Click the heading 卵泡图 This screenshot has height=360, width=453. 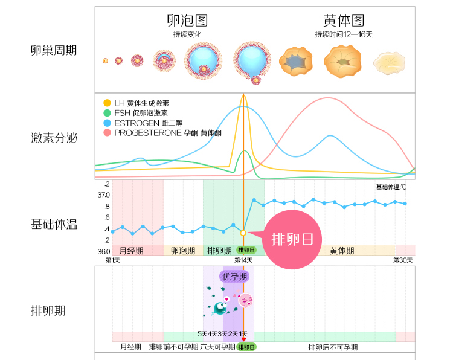point(187,21)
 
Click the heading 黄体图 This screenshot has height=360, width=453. point(344,21)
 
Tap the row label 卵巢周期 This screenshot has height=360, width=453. point(54,50)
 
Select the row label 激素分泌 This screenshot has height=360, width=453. point(54,138)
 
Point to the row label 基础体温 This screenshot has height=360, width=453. point(54,225)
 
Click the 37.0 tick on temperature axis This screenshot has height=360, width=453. point(104,195)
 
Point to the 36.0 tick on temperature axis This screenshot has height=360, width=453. point(104,251)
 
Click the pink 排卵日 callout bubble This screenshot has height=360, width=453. point(292,239)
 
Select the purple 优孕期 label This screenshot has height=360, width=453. point(235,277)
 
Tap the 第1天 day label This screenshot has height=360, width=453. point(112,260)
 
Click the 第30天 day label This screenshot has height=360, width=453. point(403,260)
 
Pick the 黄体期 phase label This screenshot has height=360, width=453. point(342,251)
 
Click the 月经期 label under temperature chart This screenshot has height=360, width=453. point(131,251)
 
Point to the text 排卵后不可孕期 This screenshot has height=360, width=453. point(333,347)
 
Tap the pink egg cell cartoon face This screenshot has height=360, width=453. point(245,300)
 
